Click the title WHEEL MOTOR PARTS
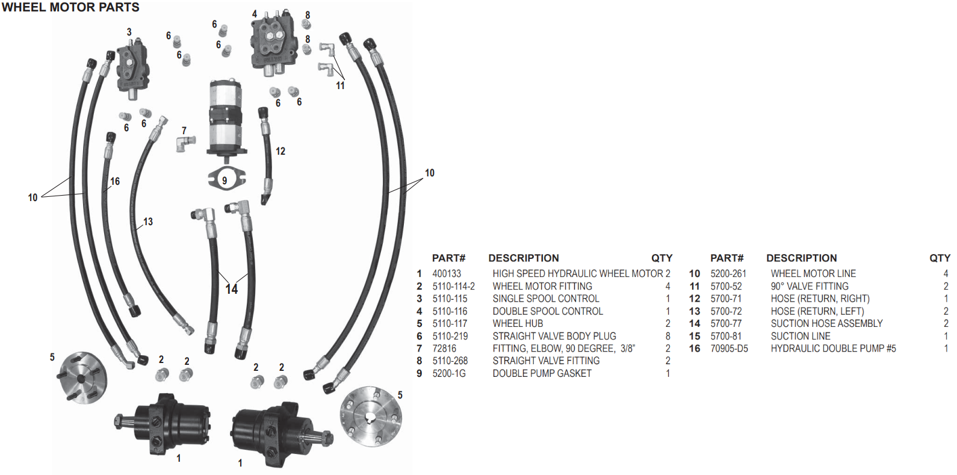[x=70, y=8]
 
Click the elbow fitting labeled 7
[x=185, y=143]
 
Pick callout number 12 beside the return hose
[x=280, y=151]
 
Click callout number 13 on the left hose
[x=148, y=222]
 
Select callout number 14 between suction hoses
[x=232, y=290]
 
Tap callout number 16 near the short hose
[x=115, y=181]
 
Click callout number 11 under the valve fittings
[x=341, y=85]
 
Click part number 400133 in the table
[x=447, y=274]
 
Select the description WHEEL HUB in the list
[x=518, y=324]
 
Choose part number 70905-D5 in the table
[x=729, y=349]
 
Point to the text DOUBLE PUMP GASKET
[x=542, y=374]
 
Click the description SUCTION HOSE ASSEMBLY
[x=826, y=324]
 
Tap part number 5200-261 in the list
[x=728, y=274]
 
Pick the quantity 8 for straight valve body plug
[x=667, y=337]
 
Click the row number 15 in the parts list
[x=695, y=337]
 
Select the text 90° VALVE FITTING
[x=810, y=287]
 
